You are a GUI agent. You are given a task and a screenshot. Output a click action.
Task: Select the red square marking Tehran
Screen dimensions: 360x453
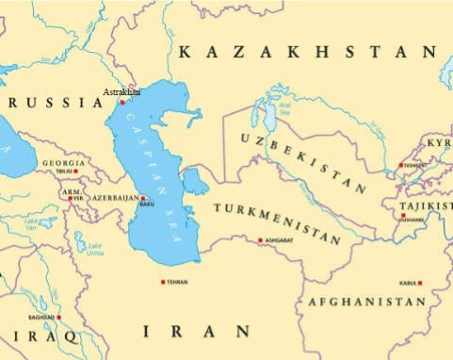[x=163, y=282]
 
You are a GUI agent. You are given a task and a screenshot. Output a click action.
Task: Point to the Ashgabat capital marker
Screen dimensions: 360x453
[x=260, y=240]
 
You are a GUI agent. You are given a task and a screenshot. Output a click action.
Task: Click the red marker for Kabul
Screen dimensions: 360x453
[x=420, y=283]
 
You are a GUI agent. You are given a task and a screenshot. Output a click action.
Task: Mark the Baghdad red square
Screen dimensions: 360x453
[x=58, y=318]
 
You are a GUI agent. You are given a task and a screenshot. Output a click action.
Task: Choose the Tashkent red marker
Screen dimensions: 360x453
[x=401, y=166]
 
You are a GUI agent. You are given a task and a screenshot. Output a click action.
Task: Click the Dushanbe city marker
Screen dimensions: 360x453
[x=403, y=216]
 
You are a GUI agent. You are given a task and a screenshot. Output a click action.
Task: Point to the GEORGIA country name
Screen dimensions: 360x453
[x=63, y=163]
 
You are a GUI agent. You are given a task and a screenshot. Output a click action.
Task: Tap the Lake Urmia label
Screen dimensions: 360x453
[x=95, y=250]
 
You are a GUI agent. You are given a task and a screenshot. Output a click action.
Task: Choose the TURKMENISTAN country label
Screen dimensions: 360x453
[x=276, y=222]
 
